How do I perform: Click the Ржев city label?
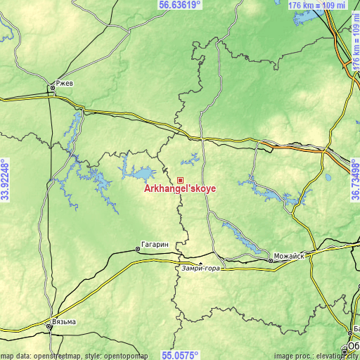coord(64,82)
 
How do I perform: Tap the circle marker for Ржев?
coord(53,89)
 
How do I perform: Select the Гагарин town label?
coord(155,244)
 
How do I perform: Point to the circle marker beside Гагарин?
coord(138,249)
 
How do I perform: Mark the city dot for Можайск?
coord(271,261)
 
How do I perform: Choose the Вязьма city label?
coord(64,322)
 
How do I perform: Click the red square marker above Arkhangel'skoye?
coord(181,181)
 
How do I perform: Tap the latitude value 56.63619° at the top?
coord(180,5)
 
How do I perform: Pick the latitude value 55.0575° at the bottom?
coord(180,355)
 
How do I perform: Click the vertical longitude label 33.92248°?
coord(6,180)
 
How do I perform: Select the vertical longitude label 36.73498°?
coord(354,180)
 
